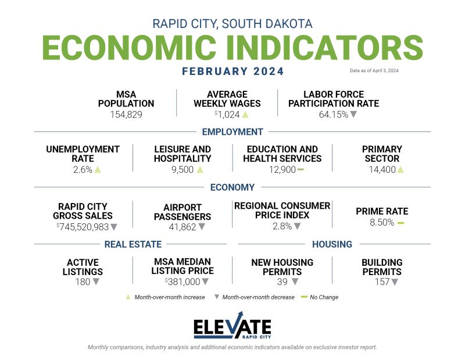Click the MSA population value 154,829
coord(126,115)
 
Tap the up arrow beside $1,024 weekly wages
coord(245,115)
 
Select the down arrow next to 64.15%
coord(353,115)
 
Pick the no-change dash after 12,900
coord(301,169)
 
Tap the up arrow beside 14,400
coord(400,169)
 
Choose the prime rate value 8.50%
coord(381,223)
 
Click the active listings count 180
coord(83,281)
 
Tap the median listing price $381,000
coord(181,281)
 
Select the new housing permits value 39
coord(282,281)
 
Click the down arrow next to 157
coord(395,281)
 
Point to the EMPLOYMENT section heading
coord(232,131)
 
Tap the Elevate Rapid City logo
coord(232,327)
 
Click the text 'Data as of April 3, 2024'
coord(374,70)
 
